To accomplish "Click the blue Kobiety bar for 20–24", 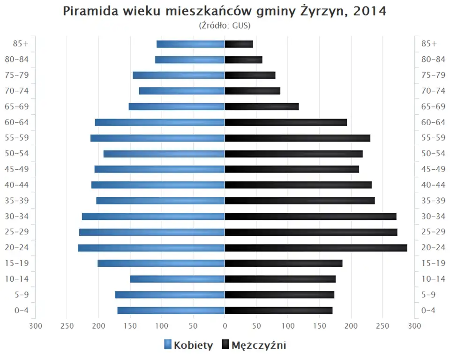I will (151, 247).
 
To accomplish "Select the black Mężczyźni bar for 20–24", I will (316, 247).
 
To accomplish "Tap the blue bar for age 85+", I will (191, 44).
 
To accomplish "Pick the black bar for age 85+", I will (239, 44).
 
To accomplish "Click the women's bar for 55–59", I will (158, 138).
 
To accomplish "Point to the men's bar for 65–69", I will (262, 107).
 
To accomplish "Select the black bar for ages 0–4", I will (279, 310).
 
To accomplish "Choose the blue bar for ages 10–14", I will (178, 279).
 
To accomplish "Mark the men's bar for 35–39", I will (300, 201).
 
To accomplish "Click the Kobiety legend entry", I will (188, 345).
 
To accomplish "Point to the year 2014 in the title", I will (370, 12).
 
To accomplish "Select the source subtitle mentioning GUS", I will (225, 25).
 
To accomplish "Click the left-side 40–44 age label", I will (17, 185).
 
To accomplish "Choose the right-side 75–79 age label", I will (433, 75).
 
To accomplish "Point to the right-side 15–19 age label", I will (433, 263).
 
